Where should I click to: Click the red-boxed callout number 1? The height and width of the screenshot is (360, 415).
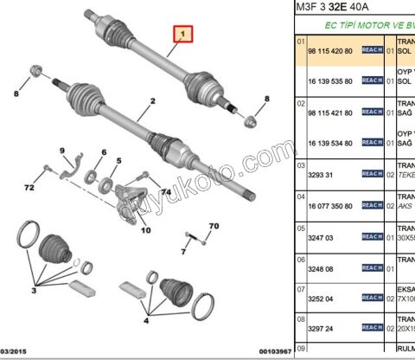pos(182,35)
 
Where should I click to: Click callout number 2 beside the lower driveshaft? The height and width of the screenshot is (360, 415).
pos(152,102)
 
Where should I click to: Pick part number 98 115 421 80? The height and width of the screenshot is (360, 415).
pos(332,112)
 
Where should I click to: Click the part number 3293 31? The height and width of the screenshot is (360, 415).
pos(321,173)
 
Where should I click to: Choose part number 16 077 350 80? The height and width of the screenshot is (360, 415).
pos(332,206)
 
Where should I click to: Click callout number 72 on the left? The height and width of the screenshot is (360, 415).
pos(29,187)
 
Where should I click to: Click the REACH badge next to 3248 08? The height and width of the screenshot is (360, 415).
pos(372,267)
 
